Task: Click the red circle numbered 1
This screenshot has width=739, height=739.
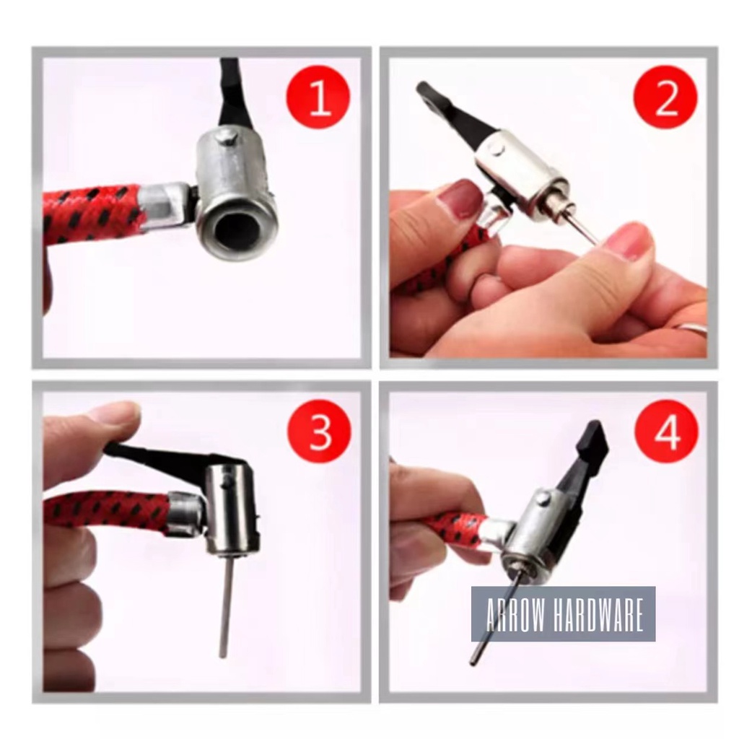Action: coord(318,97)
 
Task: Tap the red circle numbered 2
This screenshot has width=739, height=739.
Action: coord(665,97)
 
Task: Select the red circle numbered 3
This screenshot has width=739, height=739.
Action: coord(320,432)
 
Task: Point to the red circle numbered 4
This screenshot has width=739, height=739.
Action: coord(667,432)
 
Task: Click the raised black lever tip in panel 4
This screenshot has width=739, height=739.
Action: coord(595,437)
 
